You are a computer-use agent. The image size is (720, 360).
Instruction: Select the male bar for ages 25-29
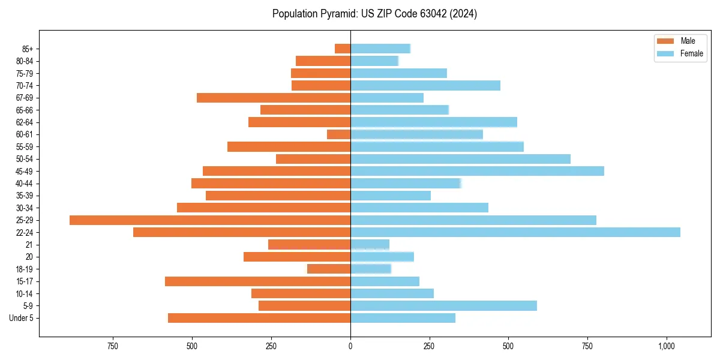210,220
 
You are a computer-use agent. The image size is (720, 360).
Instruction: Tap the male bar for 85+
343,49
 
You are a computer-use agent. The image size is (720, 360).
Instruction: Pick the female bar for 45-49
477,171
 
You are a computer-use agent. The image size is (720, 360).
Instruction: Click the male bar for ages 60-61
338,134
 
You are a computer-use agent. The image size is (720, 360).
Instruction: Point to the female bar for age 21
370,245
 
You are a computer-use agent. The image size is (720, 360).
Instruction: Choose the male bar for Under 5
259,318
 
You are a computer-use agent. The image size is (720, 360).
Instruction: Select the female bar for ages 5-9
443,306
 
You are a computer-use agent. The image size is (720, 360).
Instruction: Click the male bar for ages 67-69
274,98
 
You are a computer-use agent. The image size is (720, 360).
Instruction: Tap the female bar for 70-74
425,85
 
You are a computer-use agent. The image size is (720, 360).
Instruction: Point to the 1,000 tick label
667,347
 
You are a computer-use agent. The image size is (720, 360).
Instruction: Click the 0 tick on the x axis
350,347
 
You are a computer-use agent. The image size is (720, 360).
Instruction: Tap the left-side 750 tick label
112,347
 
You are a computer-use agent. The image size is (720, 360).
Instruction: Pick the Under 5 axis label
22,318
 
